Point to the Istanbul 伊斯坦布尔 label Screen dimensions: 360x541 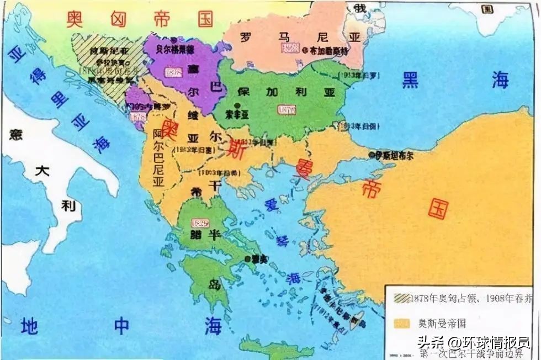[395, 156]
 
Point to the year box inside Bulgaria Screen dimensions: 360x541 [287, 110]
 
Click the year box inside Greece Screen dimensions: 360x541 [199, 223]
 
